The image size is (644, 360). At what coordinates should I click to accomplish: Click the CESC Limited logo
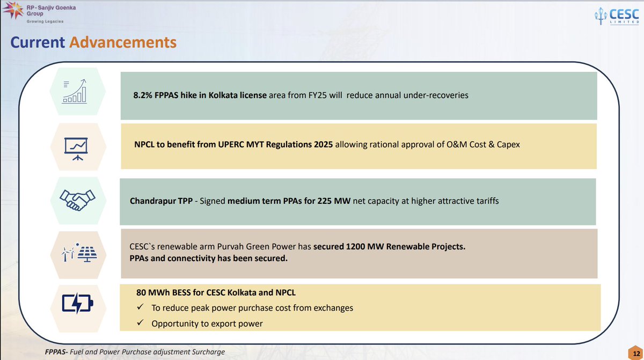(x=617, y=17)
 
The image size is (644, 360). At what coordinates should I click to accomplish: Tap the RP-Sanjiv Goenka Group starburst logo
(x=13, y=10)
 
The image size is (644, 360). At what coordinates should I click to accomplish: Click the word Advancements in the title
(x=123, y=42)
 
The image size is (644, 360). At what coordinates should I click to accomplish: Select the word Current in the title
(x=38, y=42)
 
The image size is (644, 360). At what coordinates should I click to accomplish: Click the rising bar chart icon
(x=75, y=91)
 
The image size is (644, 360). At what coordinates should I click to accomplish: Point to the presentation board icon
(x=76, y=149)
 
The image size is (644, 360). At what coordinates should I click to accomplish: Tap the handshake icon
(x=77, y=200)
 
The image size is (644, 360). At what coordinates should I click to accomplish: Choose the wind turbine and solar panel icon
(x=79, y=252)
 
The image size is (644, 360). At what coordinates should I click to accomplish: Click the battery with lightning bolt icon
(x=77, y=303)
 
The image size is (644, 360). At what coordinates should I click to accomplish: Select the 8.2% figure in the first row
(x=143, y=95)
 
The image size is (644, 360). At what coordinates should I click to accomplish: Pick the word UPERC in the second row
(x=231, y=144)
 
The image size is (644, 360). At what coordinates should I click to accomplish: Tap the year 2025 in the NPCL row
(x=323, y=144)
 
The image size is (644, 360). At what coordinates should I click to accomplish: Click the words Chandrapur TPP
(x=161, y=201)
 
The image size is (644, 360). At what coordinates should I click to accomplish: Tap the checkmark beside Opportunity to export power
(x=140, y=322)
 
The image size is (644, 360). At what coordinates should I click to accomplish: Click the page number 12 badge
(x=636, y=354)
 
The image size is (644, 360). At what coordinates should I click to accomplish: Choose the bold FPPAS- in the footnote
(x=56, y=352)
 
